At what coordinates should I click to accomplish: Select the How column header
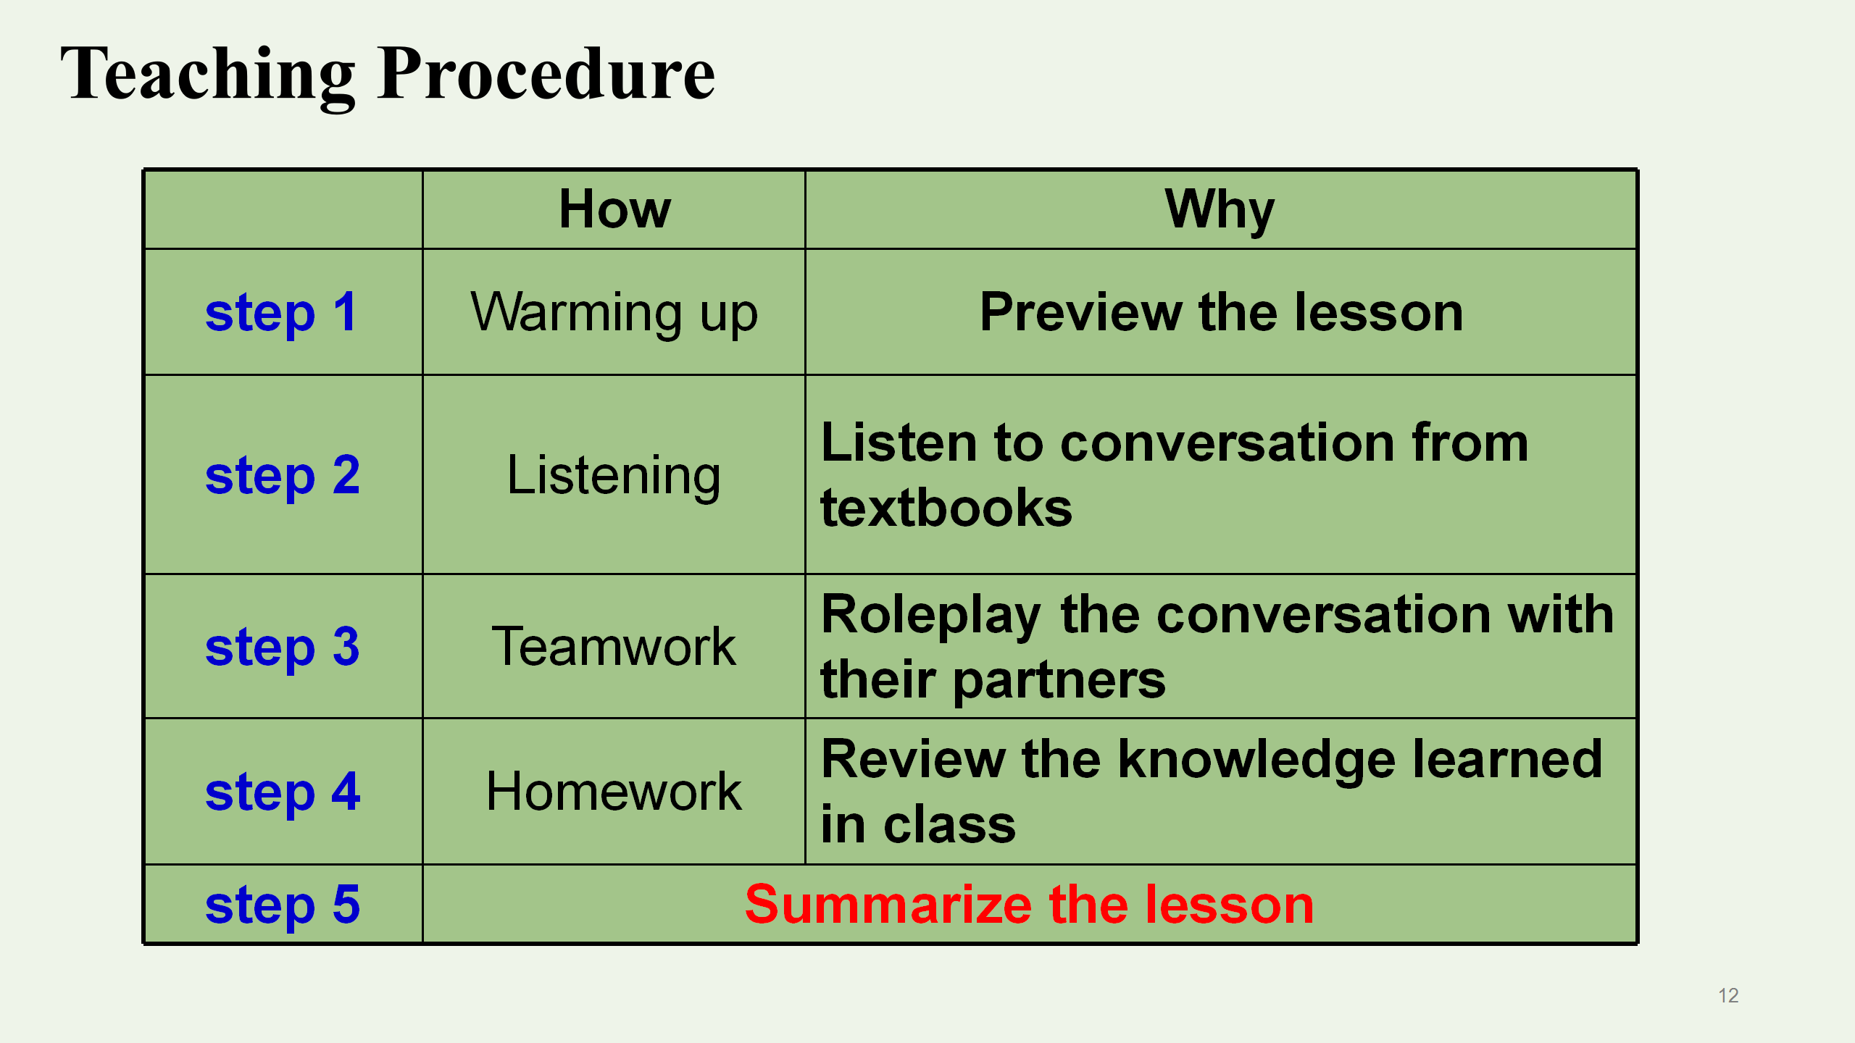click(x=614, y=209)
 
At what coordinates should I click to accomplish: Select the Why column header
click(x=1220, y=210)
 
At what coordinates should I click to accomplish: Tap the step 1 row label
click(x=281, y=313)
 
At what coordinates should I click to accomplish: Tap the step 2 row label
click(x=282, y=476)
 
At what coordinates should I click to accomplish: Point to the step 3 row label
click(x=282, y=648)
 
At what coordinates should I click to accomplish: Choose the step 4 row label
click(x=283, y=792)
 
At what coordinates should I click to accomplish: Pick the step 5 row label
click(x=282, y=905)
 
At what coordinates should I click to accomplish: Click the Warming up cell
click(x=614, y=314)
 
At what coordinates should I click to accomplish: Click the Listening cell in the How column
click(x=614, y=477)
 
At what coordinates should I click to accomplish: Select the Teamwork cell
click(x=614, y=646)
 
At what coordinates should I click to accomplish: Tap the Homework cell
click(x=614, y=791)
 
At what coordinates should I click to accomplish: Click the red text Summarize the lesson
click(x=1029, y=905)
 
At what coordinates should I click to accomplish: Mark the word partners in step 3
click(x=1059, y=681)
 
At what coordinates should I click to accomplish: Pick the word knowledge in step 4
click(x=1256, y=761)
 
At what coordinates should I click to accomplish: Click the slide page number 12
click(x=1728, y=995)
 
